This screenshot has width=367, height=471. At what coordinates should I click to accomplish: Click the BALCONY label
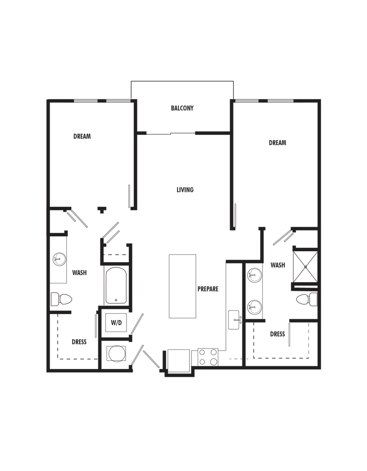[x=182, y=108]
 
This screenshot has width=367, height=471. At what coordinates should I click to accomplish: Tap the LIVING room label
[x=185, y=190]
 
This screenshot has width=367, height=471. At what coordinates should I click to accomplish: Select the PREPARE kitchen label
[x=208, y=289]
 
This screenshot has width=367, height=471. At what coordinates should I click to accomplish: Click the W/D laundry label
[x=116, y=323]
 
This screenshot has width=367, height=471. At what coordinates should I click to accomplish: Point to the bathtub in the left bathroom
[x=116, y=285]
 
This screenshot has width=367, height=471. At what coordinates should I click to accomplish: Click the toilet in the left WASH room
[x=61, y=299]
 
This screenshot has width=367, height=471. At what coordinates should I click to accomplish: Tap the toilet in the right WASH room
[x=307, y=299]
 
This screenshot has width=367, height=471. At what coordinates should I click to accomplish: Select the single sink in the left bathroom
[x=59, y=259]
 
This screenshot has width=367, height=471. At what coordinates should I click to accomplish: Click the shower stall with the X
[x=305, y=267]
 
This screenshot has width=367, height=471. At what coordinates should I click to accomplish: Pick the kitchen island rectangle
[x=182, y=286]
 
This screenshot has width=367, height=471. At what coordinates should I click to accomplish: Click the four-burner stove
[x=208, y=357]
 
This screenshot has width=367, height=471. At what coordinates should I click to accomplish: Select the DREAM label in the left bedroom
[x=82, y=136]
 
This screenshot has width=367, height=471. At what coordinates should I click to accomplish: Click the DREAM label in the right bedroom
[x=277, y=143]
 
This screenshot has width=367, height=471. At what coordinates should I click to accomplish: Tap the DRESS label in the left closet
[x=79, y=342]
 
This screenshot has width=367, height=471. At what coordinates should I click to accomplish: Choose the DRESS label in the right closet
[x=277, y=334]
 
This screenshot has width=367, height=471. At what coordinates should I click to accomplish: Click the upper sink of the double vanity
[x=255, y=275]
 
